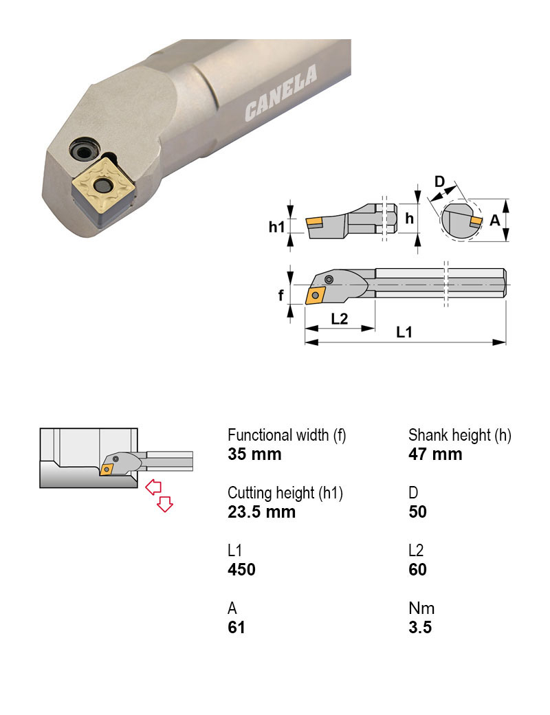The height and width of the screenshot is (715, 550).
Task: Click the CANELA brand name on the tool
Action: click(x=281, y=93)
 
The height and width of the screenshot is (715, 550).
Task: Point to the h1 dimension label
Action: click(x=276, y=227)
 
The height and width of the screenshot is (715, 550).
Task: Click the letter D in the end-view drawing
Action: click(x=439, y=181)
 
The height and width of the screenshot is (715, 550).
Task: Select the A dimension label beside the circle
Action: click(x=495, y=221)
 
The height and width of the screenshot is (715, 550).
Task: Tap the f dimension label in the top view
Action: click(x=281, y=296)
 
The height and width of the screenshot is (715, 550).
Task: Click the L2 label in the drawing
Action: click(x=340, y=319)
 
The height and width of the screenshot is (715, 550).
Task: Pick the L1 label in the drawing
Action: click(x=404, y=333)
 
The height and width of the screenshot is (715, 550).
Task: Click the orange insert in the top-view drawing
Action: click(x=315, y=295)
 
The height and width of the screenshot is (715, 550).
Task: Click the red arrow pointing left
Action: click(x=153, y=487)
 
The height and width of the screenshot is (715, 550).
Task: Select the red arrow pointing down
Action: click(x=164, y=504)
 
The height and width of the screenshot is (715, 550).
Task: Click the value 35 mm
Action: click(x=254, y=454)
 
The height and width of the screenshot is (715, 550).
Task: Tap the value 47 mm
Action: click(x=435, y=454)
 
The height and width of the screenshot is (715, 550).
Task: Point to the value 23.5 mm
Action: click(x=261, y=512)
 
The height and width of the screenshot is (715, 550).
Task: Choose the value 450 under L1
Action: click(x=241, y=569)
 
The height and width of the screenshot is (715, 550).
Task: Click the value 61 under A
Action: click(x=236, y=628)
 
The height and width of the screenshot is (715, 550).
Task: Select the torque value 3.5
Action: click(x=420, y=628)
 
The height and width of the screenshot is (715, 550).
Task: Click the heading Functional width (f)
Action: click(x=287, y=435)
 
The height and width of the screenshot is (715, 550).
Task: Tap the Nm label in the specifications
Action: click(x=421, y=608)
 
